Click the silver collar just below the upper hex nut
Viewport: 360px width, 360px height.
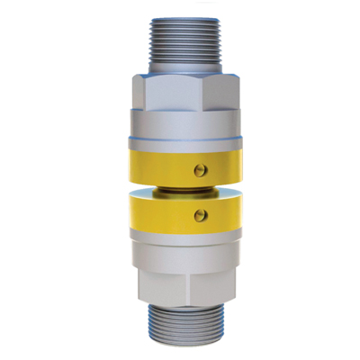click(x=180, y=122)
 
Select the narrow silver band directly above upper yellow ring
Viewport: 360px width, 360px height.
click(x=180, y=143)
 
